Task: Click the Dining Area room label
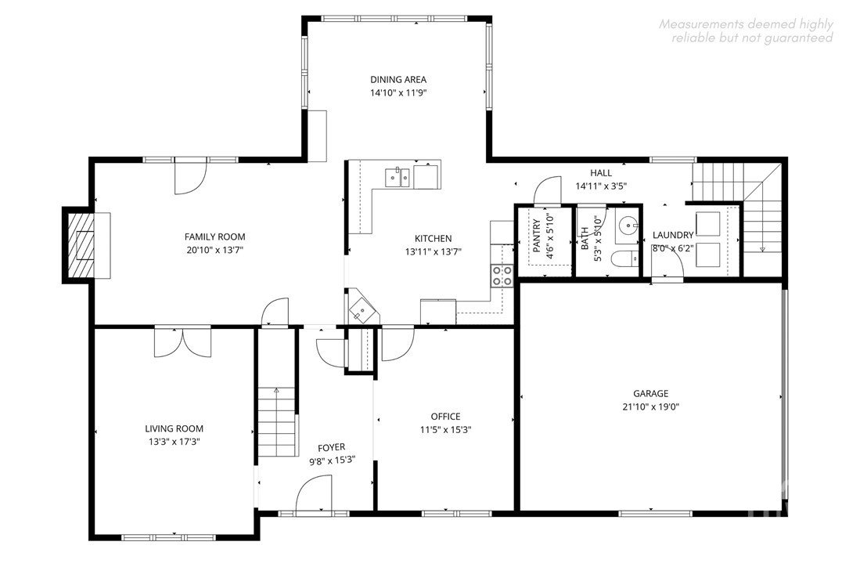(398, 79)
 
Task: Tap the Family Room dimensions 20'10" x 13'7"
(215, 251)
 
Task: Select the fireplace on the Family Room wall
(80, 246)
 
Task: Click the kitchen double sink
(398, 178)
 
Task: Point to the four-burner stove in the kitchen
(502, 276)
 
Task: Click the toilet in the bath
(625, 260)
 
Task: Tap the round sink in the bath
(628, 223)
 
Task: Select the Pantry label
(537, 236)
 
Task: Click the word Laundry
(673, 235)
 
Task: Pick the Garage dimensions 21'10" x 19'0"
(651, 407)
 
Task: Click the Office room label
(445, 417)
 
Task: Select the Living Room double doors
(182, 342)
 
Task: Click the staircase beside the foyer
(277, 421)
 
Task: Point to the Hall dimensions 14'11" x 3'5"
(601, 186)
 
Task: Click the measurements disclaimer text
(746, 31)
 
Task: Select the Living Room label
(174, 428)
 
